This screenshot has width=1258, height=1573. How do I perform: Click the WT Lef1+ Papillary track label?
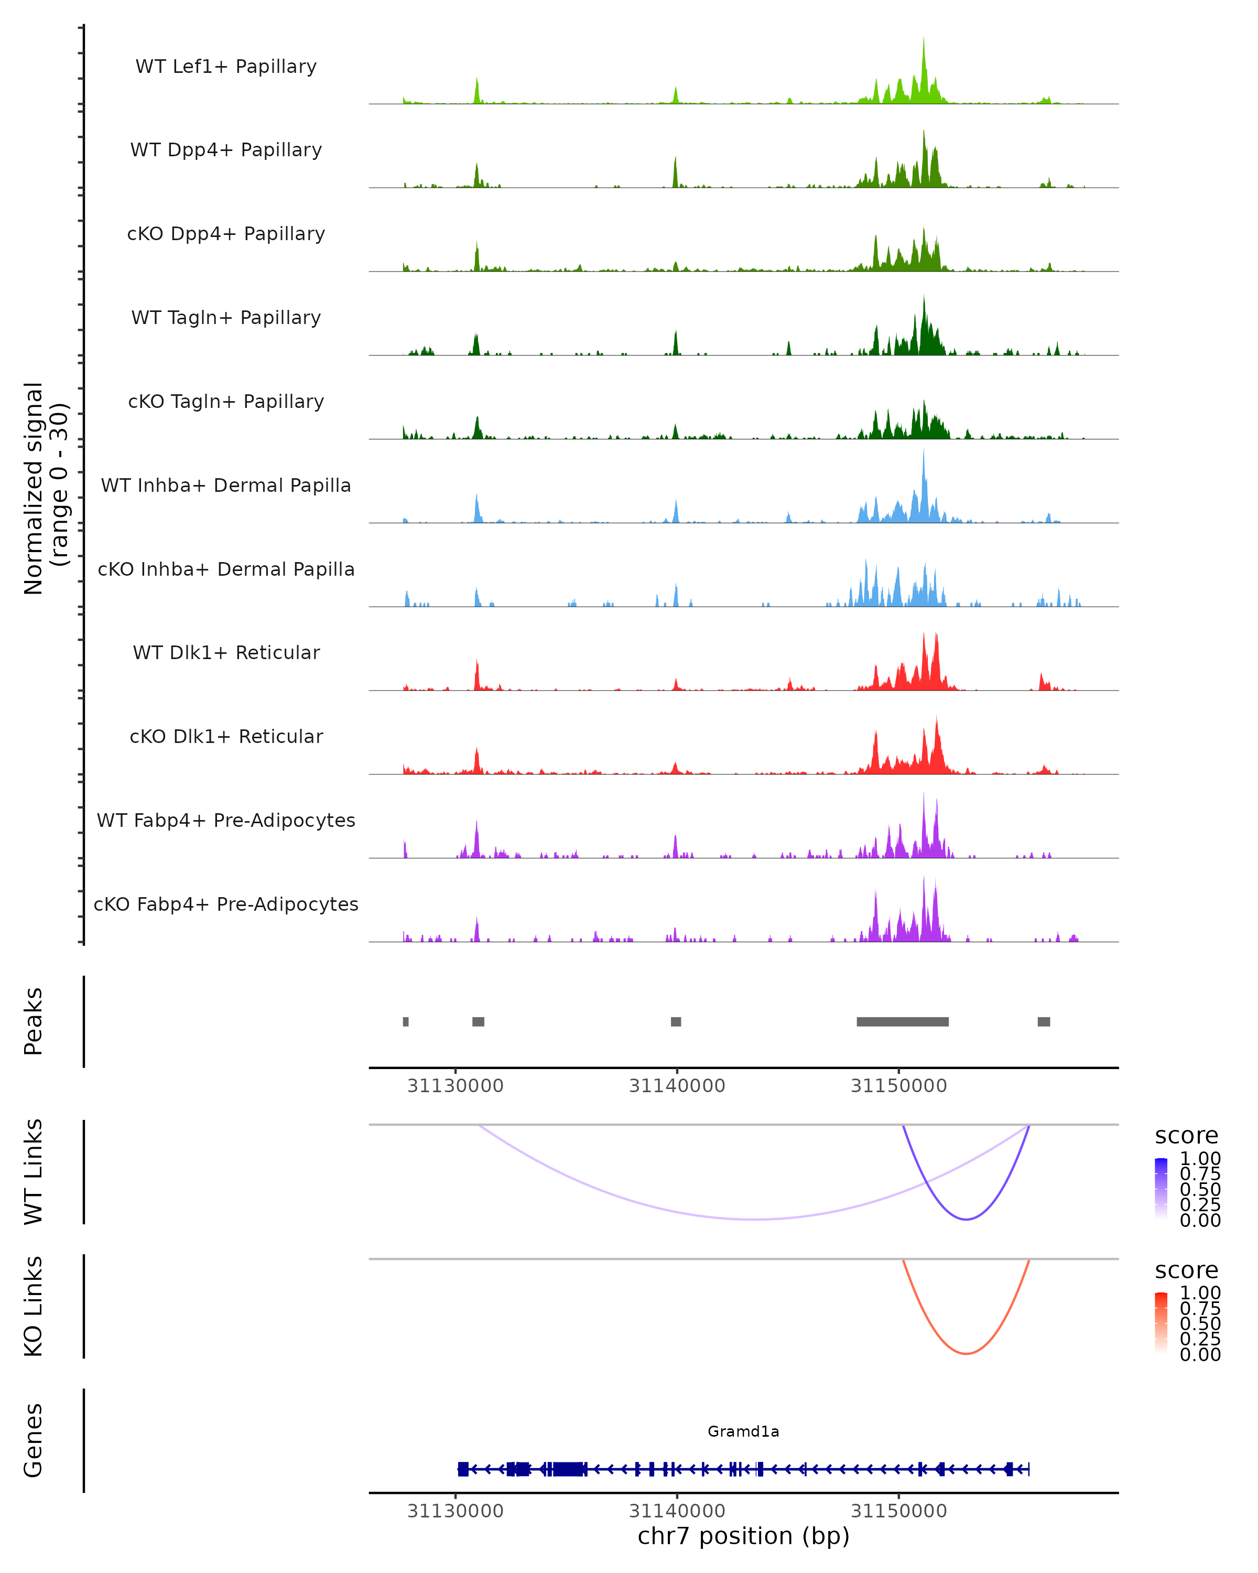[x=226, y=67]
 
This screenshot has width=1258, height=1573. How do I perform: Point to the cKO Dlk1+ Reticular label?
[x=226, y=736]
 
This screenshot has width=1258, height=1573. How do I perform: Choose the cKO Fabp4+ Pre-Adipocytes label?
[x=226, y=904]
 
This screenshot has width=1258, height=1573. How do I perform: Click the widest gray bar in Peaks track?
[x=902, y=1021]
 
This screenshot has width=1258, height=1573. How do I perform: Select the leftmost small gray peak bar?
[x=406, y=1021]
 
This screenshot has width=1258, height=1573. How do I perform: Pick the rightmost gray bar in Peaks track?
[x=1044, y=1021]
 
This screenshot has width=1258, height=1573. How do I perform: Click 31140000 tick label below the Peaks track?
[x=677, y=1086]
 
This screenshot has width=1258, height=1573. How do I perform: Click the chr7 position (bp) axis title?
[x=743, y=1536]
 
